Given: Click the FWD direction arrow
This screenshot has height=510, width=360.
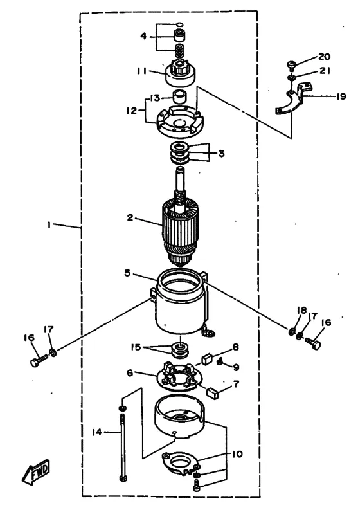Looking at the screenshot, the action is coord(36,471).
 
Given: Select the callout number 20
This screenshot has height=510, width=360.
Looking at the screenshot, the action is coord(324,57).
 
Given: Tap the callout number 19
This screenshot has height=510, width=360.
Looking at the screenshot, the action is coord(341,96).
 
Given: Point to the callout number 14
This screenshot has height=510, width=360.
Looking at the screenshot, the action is coord(97,432).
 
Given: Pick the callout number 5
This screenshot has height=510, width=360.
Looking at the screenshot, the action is coord(127,273).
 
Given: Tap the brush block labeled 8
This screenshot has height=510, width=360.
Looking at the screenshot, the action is coord(207,359).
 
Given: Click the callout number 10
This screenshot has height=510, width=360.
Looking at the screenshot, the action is coord(237,454).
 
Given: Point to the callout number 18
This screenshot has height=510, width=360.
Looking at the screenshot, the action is coord(301,310).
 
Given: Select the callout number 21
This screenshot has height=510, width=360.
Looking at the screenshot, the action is coord(324,71).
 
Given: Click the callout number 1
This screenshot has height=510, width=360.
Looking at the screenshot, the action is coord(50,224).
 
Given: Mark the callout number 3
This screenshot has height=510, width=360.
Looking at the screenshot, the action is coord(221,153).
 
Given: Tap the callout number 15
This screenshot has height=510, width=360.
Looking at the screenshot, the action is coord(136,347).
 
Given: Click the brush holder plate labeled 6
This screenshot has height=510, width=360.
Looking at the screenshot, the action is coord(179,377).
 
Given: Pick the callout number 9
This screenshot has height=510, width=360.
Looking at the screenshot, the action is coord(237,367).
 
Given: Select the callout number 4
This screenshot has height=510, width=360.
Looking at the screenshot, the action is coord(143,36).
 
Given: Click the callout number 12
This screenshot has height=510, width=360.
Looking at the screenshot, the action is coord(132,111).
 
